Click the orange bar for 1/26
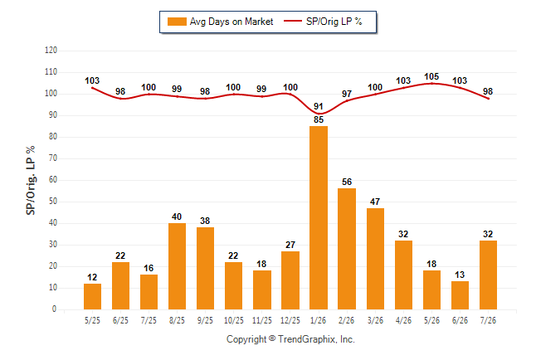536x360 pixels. click(x=319, y=218)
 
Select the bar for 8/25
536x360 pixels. click(x=177, y=266)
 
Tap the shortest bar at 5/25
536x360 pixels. click(x=92, y=296)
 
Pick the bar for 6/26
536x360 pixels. click(x=460, y=295)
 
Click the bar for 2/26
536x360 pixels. click(x=347, y=249)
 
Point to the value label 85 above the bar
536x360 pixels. click(x=319, y=119)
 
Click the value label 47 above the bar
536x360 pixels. click(x=375, y=202)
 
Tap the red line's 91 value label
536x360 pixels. click(x=319, y=106)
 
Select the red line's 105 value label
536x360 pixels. click(x=431, y=76)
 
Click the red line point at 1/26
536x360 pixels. click(x=319, y=114)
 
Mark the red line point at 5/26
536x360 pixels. click(x=431, y=84)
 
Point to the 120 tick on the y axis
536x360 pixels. click(x=51, y=51)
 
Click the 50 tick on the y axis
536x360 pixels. click(x=53, y=202)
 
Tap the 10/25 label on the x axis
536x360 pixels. click(x=234, y=320)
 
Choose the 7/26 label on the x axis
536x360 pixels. click(x=488, y=320)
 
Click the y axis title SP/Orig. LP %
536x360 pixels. click(x=31, y=180)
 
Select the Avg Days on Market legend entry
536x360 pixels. click(x=221, y=22)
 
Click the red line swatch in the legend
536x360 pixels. click(x=293, y=21)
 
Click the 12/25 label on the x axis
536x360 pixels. click(x=290, y=320)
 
